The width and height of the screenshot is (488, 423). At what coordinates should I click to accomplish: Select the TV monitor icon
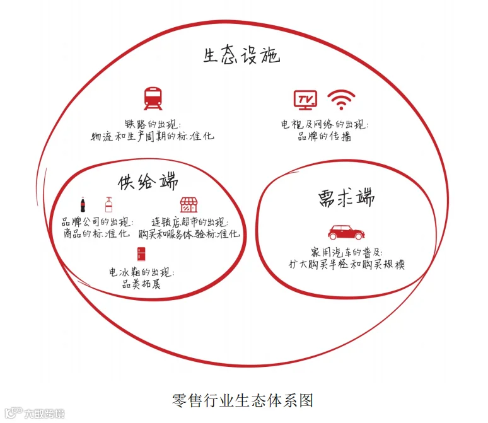pos(306,99)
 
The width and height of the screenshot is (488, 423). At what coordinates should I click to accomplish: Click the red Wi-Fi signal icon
pos(341,100)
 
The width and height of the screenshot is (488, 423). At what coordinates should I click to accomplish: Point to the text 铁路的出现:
pos(153,124)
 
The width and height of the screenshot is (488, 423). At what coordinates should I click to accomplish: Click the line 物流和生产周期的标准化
pos(153,136)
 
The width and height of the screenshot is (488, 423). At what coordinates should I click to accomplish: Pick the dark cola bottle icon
pos(83,205)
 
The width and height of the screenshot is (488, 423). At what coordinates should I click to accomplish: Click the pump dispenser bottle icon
pos(108,204)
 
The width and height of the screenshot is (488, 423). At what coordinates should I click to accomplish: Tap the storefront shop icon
pos(189,205)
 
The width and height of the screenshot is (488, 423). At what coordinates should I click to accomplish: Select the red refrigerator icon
pos(141,253)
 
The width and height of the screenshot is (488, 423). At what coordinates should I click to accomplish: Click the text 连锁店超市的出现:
pos(189,222)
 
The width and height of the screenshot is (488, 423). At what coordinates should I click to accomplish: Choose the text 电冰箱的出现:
pos(142,272)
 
